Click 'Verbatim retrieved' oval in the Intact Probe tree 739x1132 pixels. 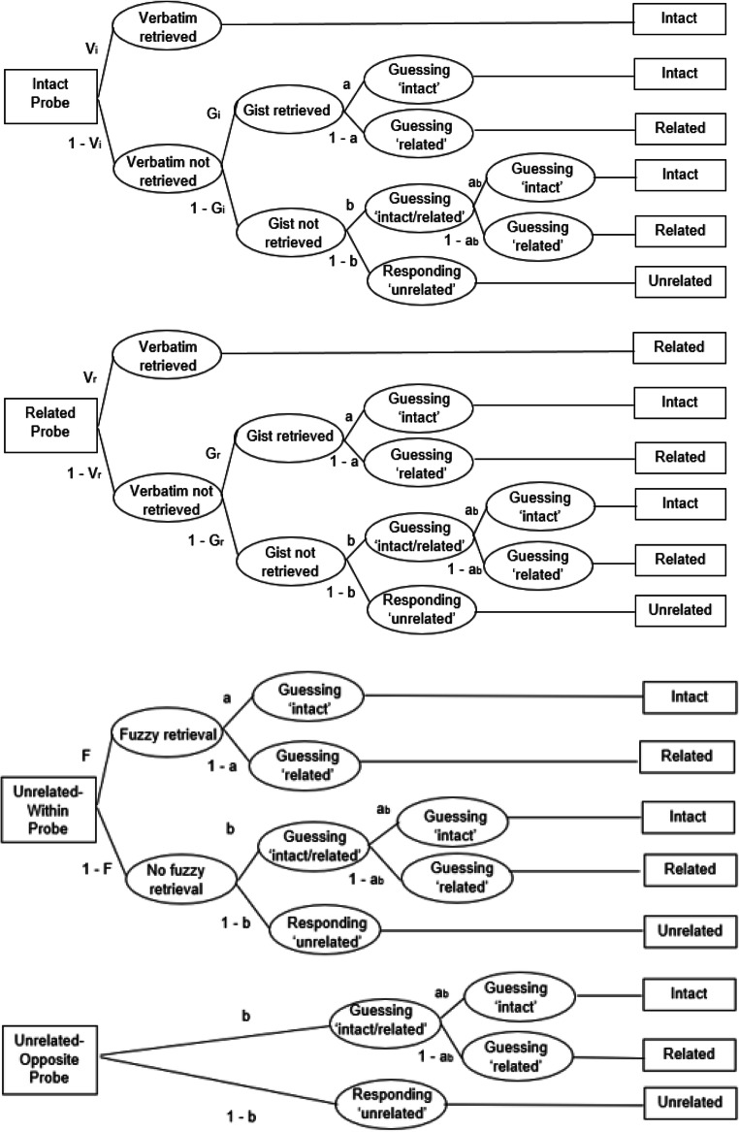click(x=169, y=29)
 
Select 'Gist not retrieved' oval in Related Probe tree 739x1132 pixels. click(x=291, y=562)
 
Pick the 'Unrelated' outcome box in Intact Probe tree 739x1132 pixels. click(x=680, y=281)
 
